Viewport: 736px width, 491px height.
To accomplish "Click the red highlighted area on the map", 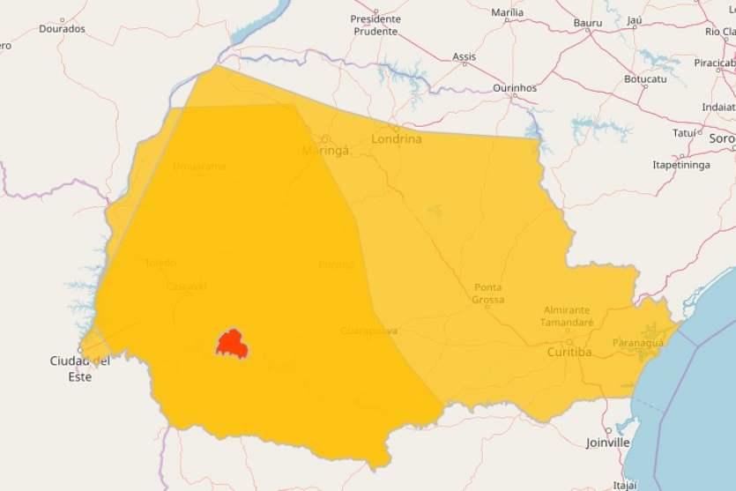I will (232, 344).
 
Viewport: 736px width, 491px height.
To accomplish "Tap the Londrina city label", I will (397, 139).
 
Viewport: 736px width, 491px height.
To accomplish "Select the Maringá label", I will (326, 151).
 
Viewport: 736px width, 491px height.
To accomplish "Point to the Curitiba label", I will (569, 352).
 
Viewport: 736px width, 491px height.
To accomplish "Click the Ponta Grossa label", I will (488, 294).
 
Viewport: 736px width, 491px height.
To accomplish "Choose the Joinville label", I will (607, 443).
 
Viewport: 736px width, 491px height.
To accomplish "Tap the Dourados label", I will (62, 28).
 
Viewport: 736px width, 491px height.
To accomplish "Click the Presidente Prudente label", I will (375, 25).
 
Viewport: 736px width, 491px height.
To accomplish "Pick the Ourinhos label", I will (515, 88).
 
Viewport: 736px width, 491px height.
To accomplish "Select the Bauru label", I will (588, 22).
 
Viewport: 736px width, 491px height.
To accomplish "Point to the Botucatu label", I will (646, 79).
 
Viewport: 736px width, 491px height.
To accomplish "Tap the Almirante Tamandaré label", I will (567, 316).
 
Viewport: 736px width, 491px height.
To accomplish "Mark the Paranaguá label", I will (638, 343).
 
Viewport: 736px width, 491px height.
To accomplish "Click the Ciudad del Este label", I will (79, 368).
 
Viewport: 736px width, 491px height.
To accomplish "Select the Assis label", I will (464, 57).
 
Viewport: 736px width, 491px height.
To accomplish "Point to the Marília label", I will (507, 12).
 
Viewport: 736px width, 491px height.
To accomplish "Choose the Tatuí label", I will (684, 133).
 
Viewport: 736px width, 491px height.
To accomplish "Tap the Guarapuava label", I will (369, 331).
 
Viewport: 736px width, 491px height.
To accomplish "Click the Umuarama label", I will (199, 166).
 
